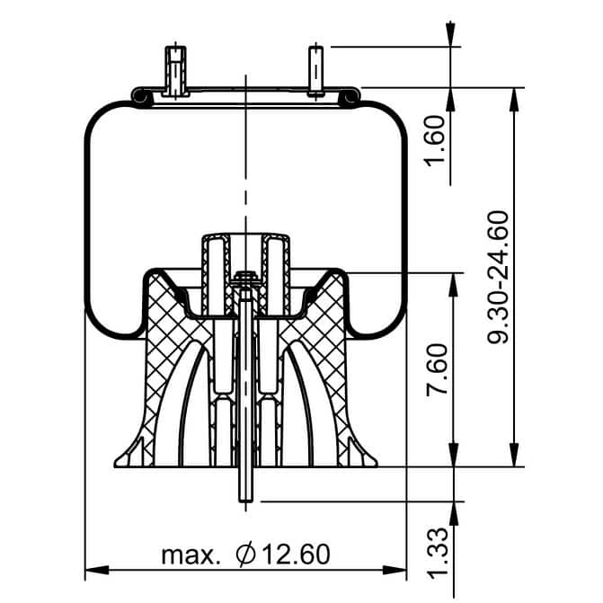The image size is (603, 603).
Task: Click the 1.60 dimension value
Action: coord(435,141)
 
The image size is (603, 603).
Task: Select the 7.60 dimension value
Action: coord(438,369)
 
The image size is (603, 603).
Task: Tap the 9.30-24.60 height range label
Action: coord(498,277)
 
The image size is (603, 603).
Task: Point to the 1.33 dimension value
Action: coord(438,553)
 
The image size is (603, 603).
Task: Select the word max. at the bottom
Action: coord(191,555)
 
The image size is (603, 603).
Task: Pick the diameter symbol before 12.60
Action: coord(245,554)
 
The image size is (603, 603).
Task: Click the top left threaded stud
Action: coord(175,71)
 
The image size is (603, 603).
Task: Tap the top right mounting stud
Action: coord(315,71)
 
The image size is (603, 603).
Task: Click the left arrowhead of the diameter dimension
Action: coord(96,570)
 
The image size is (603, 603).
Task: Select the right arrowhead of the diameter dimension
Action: coord(395,570)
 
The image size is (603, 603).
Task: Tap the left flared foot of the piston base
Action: coord(133,454)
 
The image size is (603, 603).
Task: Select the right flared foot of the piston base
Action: coord(359,454)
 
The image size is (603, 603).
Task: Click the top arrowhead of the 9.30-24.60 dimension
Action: coord(514,100)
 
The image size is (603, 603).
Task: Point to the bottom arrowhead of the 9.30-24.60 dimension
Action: coord(514,455)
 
